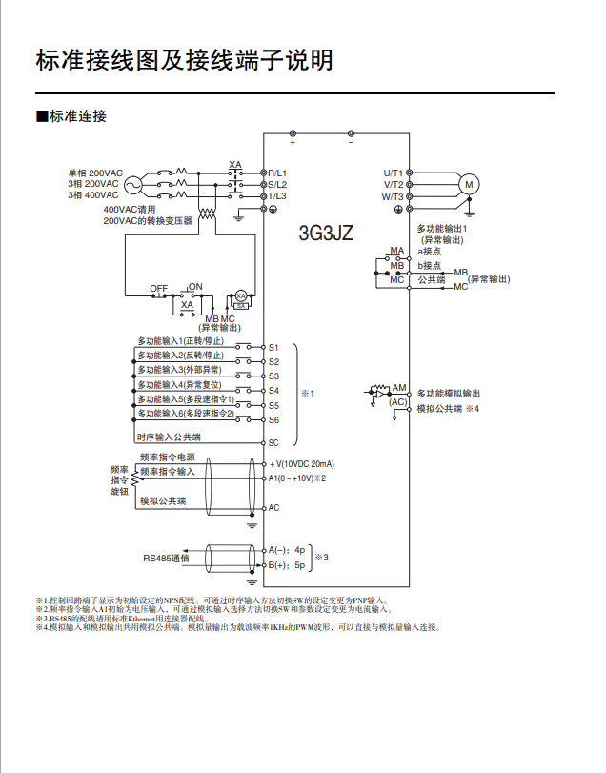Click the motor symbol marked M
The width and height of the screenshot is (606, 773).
pyautogui.click(x=468, y=184)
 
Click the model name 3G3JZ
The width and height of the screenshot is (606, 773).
pyautogui.click(x=326, y=233)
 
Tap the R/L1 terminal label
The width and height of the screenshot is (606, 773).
pyautogui.click(x=278, y=173)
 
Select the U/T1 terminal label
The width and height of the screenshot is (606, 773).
pyautogui.click(x=394, y=173)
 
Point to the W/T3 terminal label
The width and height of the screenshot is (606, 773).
pyautogui.click(x=393, y=195)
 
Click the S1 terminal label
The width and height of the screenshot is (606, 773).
pyautogui.click(x=273, y=348)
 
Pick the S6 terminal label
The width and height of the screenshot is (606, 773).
pyautogui.click(x=273, y=419)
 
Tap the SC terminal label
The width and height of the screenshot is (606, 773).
pyautogui.click(x=273, y=443)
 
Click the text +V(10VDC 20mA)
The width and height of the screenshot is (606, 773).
pyautogui.click(x=302, y=464)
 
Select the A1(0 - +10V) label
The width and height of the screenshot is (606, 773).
pyautogui.click(x=297, y=478)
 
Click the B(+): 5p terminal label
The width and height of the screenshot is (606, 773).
pyautogui.click(x=286, y=564)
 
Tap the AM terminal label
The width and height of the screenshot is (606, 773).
pyautogui.click(x=400, y=388)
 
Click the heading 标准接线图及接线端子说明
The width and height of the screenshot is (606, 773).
pyautogui.click(x=184, y=60)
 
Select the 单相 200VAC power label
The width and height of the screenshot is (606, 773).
pyautogui.click(x=93, y=173)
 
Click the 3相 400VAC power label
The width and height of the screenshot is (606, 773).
pyautogui.click(x=93, y=194)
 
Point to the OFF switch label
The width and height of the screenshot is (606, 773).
pyautogui.click(x=159, y=288)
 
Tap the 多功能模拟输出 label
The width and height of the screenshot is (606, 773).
pyautogui.click(x=448, y=393)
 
